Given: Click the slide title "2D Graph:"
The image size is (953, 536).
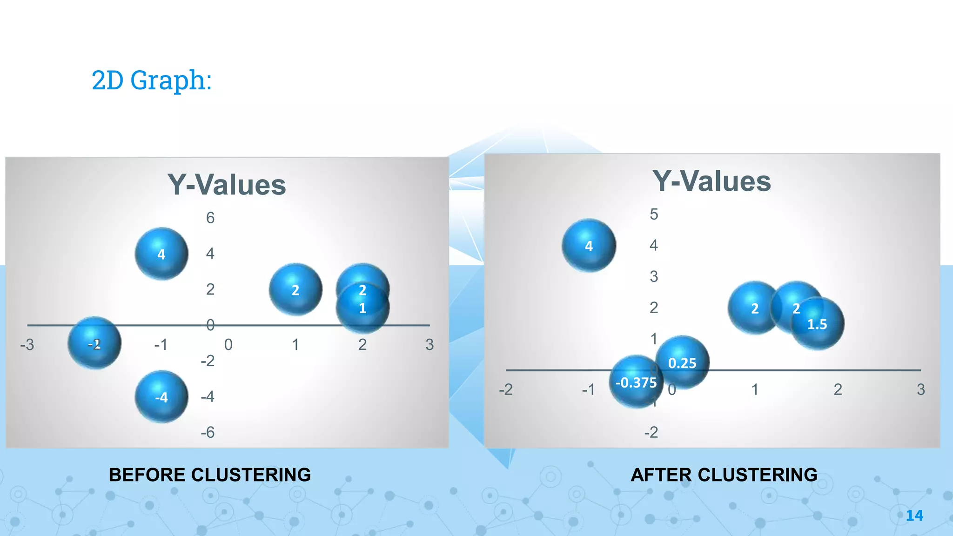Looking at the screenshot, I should pos(152,80).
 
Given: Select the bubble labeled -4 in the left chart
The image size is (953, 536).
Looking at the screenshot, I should pos(161,397).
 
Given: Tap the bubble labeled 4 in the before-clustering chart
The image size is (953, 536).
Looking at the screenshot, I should pos(161,254).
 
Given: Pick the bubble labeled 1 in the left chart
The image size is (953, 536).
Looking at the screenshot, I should pos(362,314).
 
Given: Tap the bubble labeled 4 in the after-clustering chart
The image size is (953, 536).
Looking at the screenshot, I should pos(589,246).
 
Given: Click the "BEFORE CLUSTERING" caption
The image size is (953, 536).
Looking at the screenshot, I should pos(210,475).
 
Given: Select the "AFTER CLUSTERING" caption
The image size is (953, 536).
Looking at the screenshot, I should pos(724,475).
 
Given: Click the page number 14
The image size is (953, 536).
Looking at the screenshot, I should pos(914,516).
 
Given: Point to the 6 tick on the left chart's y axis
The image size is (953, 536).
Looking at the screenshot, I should pos(210,218).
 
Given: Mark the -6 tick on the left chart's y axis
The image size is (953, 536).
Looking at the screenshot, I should pos(208,432).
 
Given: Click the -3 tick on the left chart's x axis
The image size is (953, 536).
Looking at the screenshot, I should pos(27,345).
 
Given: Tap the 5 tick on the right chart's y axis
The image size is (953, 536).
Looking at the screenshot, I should pos(654,214).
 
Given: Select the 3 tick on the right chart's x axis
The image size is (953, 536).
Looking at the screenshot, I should pos(920,389).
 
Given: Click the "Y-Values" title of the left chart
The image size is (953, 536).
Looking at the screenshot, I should pos(227,185).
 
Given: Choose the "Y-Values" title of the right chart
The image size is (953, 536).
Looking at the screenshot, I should pos(711,181).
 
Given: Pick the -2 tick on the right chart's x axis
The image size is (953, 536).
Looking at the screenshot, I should pos(505,389).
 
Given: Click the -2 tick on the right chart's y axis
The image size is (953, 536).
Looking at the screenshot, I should pos(651,432).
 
